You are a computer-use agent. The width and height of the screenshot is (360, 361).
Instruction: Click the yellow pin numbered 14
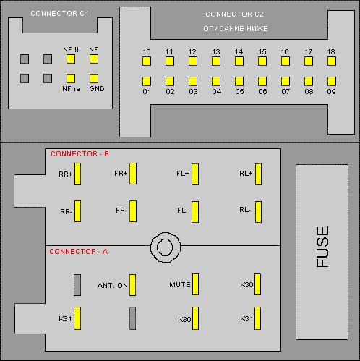239,61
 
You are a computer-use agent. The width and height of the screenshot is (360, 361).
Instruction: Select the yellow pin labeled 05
239,81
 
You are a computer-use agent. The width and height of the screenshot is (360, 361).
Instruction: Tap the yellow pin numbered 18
332,61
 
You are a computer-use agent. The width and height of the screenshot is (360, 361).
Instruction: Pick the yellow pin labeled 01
147,81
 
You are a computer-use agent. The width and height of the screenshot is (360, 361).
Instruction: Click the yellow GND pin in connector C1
94,78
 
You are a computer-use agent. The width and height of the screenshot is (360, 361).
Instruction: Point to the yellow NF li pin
71,59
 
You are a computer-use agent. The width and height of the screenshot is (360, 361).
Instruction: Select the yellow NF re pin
71,78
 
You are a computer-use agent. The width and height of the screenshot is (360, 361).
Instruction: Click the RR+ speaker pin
77,174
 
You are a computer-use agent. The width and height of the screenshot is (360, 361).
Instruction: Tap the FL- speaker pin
195,212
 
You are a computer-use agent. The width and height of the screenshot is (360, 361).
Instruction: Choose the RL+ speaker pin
258,174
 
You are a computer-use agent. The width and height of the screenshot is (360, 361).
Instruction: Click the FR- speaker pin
133,211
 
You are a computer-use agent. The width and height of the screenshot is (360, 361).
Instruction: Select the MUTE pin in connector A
195,284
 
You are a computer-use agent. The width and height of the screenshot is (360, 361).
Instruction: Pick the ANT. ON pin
132,285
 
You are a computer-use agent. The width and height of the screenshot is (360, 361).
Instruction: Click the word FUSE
322,247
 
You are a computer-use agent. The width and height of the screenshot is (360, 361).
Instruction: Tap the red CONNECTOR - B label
80,154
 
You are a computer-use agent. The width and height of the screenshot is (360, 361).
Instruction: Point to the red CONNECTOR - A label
79,252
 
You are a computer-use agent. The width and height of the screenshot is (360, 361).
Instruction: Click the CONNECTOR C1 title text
59,14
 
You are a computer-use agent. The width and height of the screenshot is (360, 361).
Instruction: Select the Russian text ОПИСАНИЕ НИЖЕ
236,29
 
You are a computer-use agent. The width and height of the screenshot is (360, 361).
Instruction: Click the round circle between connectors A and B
166,247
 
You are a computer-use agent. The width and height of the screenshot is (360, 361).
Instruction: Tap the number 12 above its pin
192,52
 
